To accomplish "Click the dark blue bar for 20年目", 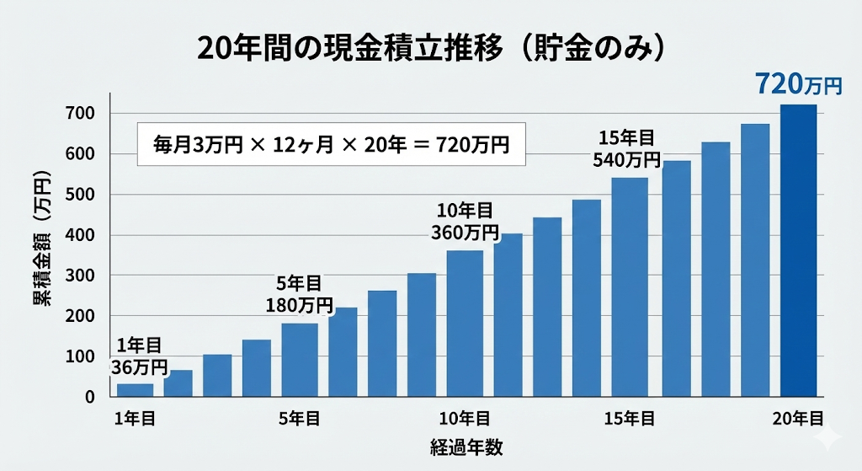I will pos(798,250).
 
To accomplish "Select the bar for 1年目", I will pos(135,389).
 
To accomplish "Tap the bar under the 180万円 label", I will pos(300,360).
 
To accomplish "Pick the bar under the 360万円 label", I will pos(465,324).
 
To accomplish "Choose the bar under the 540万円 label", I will pos(630,286).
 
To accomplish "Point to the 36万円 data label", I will pos(138,367).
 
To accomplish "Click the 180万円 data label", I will pos(300,304).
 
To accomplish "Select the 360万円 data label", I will pos(465,232).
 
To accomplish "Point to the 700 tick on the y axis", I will pos(87,114).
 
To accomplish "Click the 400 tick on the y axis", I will pos(87,235).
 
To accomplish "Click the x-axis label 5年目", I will pos(300,419).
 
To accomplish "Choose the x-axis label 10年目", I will pos(465,419).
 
